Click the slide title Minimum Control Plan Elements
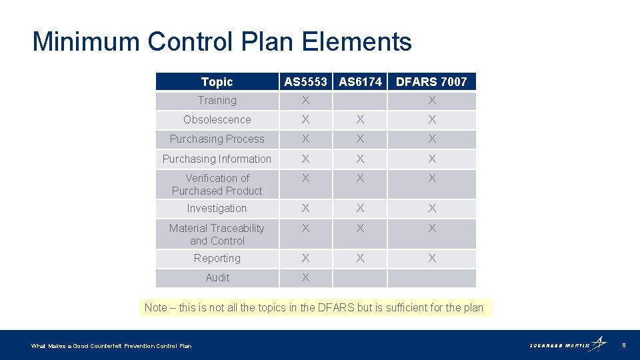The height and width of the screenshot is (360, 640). point(222,41)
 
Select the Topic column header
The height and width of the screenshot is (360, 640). point(217,82)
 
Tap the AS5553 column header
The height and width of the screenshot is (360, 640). point(305,82)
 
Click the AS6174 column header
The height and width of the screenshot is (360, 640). point(360,82)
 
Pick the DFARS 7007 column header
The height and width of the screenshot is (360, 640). point(431,82)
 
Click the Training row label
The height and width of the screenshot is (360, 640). point(217,101)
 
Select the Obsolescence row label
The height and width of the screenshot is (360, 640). point(217,120)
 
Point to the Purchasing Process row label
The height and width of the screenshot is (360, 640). point(217,139)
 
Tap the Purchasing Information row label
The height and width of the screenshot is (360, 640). point(217,159)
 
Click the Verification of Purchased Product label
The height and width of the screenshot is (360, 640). point(217,185)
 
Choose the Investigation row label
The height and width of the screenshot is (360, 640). point(217,209)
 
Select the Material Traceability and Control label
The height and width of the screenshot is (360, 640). point(217,235)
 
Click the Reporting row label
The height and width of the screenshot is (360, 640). point(217,259)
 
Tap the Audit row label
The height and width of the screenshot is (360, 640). point(217,278)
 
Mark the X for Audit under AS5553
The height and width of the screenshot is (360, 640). point(305,278)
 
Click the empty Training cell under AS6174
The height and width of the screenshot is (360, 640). point(360,101)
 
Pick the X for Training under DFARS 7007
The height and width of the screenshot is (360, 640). point(432,101)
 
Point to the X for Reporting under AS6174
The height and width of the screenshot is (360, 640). point(360,259)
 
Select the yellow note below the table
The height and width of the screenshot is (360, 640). point(314,307)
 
